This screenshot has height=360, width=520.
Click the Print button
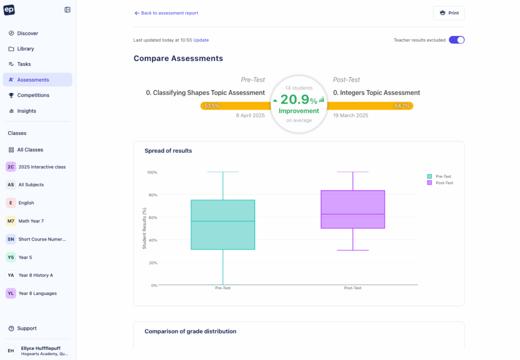(448, 13)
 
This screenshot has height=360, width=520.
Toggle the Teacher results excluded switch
(457, 40)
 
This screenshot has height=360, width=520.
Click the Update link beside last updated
(201, 40)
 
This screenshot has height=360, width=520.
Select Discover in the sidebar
(27, 34)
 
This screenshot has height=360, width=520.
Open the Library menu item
(25, 49)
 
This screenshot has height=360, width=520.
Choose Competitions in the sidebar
(33, 95)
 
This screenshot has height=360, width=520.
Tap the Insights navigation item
(26, 111)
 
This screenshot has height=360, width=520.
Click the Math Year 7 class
(31, 221)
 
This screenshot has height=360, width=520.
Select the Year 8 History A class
(36, 275)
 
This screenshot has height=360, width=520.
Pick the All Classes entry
(30, 150)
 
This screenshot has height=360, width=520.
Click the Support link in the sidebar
(26, 329)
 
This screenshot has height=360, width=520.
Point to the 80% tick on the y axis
(152, 195)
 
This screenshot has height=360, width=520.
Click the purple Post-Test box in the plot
(353, 209)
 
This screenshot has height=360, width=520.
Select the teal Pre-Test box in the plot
(223, 224)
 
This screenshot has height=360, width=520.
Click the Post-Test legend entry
(444, 183)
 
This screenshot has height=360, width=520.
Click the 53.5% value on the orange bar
(212, 106)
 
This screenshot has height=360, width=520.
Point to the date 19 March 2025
(350, 116)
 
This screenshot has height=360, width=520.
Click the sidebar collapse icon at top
(68, 10)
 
